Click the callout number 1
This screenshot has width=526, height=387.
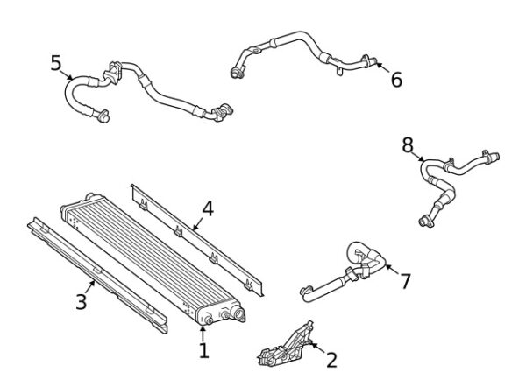tap(204, 350)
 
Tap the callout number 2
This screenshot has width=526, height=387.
tap(331, 360)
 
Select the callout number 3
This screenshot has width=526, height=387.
tap(82, 302)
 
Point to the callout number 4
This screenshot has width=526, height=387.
tap(208, 208)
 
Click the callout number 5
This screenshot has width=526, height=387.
tap(56, 63)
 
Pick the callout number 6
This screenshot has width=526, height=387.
tap(396, 80)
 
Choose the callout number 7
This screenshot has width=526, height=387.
tap(406, 281)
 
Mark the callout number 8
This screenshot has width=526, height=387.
tap(408, 145)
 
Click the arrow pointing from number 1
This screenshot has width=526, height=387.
tap(203, 334)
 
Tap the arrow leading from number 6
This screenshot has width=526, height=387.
tap(382, 67)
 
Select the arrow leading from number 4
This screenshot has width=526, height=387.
tap(197, 224)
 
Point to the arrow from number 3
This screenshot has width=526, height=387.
tap(89, 287)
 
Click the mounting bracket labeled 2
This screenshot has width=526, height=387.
tap(286, 345)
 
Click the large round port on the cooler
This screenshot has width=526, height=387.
tap(238, 313)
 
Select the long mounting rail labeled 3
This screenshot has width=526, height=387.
tap(97, 275)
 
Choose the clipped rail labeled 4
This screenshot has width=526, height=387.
tap(198, 240)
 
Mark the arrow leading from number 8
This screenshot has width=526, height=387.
tap(416, 156)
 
